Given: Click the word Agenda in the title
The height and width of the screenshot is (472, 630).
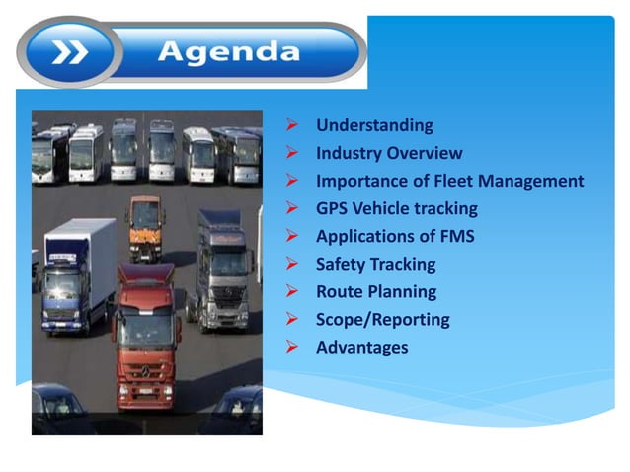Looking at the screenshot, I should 229,50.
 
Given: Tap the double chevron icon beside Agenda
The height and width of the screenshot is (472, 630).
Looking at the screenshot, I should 69,51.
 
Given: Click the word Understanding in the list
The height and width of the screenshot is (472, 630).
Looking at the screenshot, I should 374,125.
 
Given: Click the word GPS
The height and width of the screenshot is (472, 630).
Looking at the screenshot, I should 333,208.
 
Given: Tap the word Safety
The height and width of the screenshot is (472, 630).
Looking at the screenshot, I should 341,264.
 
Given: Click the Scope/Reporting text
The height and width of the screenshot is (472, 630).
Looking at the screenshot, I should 382,319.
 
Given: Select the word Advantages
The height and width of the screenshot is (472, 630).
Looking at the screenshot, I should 361,347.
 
